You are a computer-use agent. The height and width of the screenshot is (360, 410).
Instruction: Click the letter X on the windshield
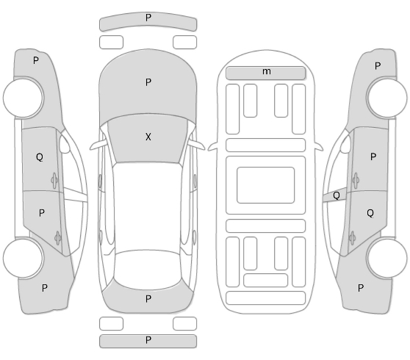coord(148,137)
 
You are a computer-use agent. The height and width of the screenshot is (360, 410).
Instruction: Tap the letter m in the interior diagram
coord(267,71)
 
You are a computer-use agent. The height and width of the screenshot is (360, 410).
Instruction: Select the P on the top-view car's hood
coord(148,82)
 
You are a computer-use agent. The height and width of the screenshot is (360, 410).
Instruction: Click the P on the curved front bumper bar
coord(148,18)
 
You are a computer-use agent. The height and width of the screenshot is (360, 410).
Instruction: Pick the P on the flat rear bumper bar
coord(148,340)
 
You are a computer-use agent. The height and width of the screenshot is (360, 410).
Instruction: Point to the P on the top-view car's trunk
coord(148,299)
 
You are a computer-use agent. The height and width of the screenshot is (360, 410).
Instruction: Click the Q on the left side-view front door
coord(40,157)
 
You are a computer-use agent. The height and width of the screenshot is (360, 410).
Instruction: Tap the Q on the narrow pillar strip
coord(337,195)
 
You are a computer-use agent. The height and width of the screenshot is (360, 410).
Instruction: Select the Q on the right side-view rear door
coord(370,213)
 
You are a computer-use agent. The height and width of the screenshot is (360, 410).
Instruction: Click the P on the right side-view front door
coord(373,157)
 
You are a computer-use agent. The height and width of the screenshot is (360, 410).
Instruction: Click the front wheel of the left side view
coord(24,98)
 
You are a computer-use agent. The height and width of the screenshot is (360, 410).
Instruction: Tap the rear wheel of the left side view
coord(24,259)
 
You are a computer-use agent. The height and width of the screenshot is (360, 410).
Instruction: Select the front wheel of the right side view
coord(387,98)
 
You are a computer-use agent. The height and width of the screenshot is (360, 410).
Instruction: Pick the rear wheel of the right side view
coord(387,259)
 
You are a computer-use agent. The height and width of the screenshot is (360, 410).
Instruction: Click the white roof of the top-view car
coord(148,206)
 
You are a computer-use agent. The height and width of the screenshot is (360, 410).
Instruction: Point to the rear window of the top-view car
coord(148,270)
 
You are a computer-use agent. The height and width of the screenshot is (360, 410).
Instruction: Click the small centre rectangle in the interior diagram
coord(266,185)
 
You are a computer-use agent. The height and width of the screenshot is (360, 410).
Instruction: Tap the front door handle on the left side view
coord(54,181)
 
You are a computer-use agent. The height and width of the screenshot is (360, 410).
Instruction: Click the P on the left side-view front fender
coord(36,61)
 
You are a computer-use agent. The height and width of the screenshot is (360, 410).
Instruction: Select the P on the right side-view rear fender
coord(361,288)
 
